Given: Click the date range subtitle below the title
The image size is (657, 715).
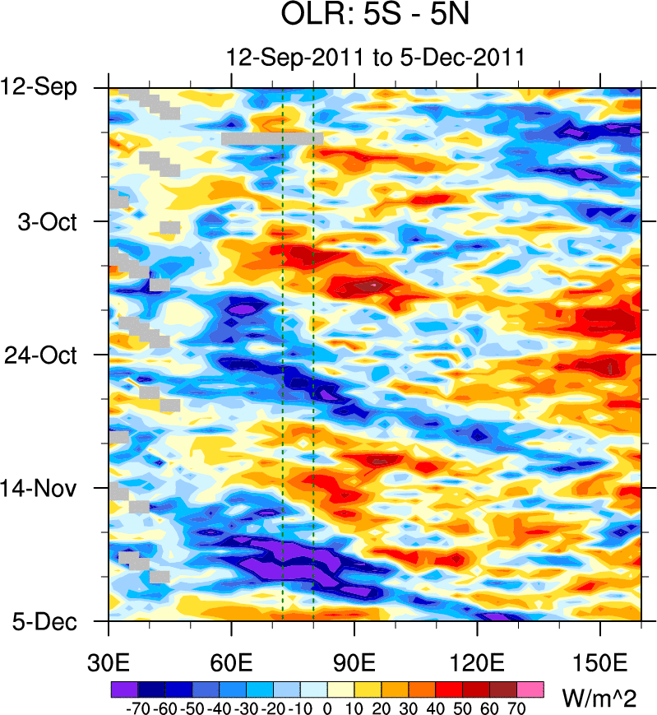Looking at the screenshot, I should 375,58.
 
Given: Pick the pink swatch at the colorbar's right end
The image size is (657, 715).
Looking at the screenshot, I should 530,688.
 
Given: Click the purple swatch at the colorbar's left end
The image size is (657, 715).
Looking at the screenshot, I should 123,688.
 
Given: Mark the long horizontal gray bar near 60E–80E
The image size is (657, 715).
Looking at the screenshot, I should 272,139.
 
